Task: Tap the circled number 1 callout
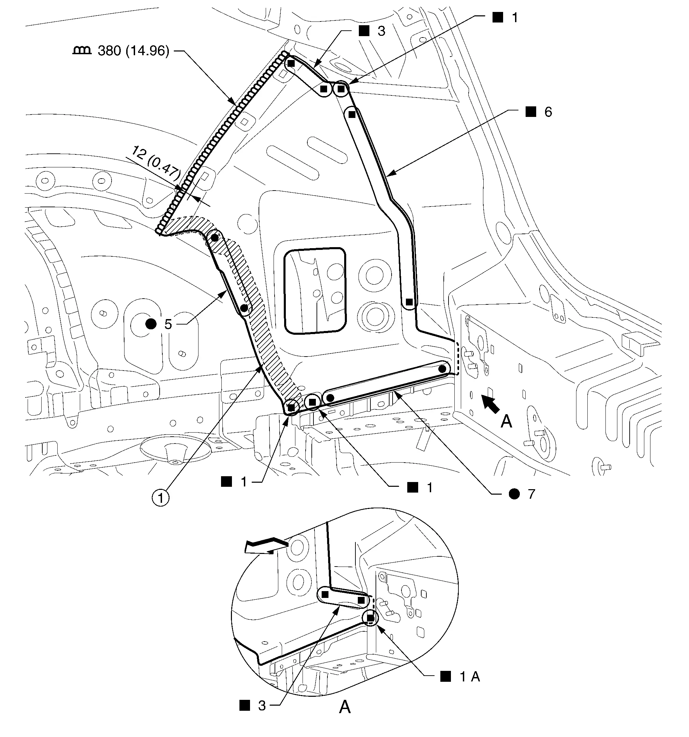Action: tap(160, 497)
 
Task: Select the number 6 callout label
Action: tap(548, 112)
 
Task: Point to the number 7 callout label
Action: tap(531, 494)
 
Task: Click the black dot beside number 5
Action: tap(151, 324)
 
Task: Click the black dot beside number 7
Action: tap(514, 494)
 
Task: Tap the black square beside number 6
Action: tap(531, 111)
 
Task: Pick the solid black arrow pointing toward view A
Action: tap(490, 403)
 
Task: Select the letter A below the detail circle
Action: tap(345, 707)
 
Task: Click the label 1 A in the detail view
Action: tap(470, 677)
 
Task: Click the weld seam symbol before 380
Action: tap(82, 50)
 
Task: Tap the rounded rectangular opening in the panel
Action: tap(314, 291)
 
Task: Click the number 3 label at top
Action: tap(381, 31)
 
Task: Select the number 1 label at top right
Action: tap(515, 18)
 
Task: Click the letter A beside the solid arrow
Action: tap(507, 422)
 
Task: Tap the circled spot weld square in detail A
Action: tap(370, 618)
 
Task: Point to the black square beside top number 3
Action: tap(364, 31)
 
